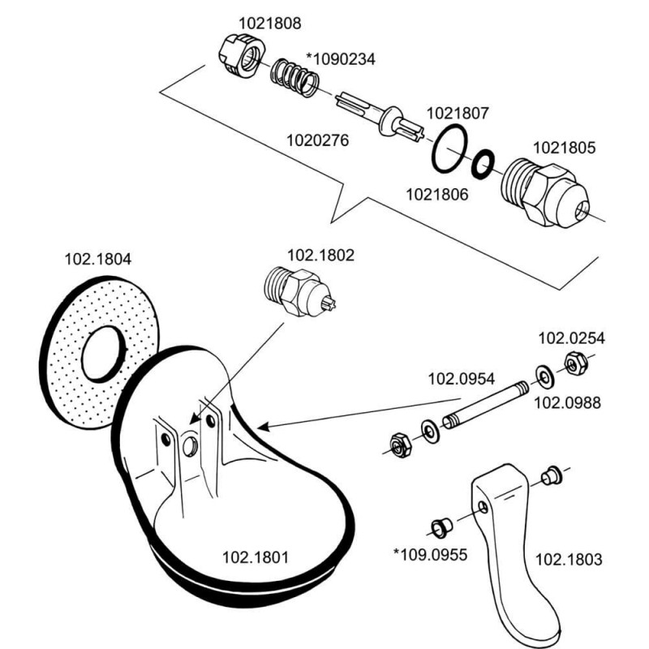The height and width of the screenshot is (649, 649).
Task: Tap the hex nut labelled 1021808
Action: click(x=241, y=56)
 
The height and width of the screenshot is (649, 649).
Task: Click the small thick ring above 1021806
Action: click(x=482, y=163)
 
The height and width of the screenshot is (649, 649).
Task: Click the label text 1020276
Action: click(x=317, y=140)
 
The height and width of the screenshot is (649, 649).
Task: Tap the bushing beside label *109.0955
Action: click(x=441, y=525)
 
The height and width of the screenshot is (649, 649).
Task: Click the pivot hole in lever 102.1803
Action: click(x=484, y=507)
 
